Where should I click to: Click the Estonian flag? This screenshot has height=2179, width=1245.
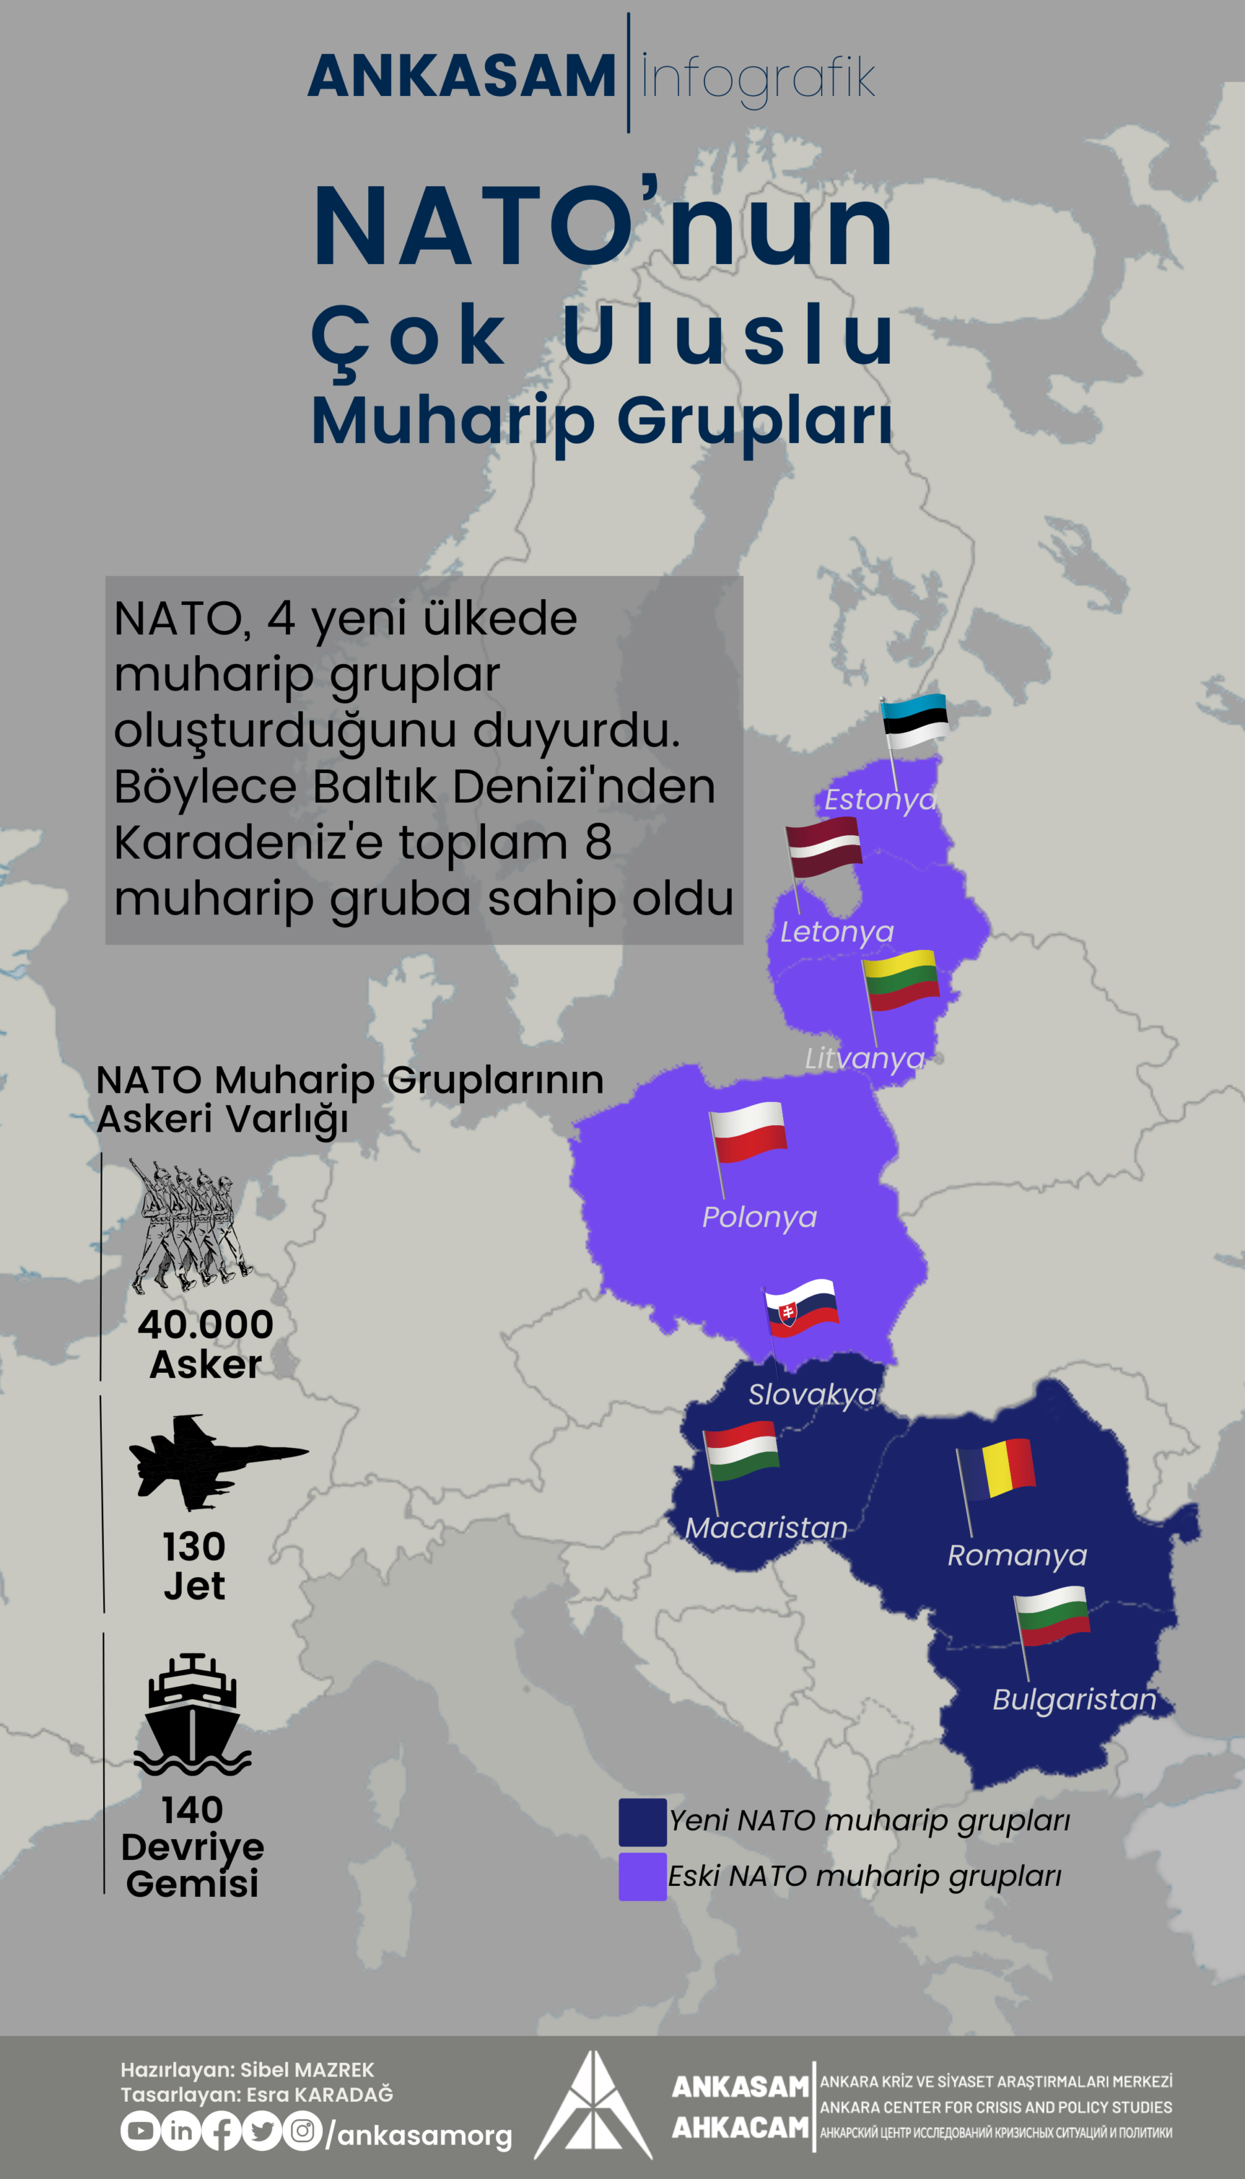click(x=915, y=721)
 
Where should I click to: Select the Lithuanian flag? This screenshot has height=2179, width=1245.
click(x=901, y=980)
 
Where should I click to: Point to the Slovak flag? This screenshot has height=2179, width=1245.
click(x=802, y=1309)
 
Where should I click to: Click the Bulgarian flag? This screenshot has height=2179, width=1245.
click(x=1052, y=1615)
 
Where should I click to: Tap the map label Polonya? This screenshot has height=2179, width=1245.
click(x=759, y=1217)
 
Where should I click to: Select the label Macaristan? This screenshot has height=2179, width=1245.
click(x=766, y=1527)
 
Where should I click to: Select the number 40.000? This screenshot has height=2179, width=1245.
click(x=205, y=1324)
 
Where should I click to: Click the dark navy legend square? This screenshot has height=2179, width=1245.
click(x=642, y=1822)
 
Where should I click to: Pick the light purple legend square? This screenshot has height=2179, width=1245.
click(x=642, y=1876)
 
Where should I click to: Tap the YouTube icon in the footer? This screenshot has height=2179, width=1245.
click(x=140, y=2130)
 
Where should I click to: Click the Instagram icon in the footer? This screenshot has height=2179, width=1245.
click(x=302, y=2130)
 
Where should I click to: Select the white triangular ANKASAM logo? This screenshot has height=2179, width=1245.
click(x=593, y=2106)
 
